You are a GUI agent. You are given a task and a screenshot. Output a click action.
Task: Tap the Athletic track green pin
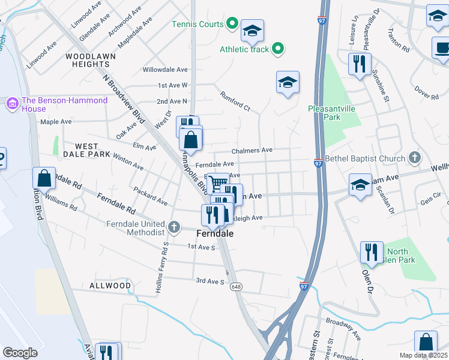(277, 49)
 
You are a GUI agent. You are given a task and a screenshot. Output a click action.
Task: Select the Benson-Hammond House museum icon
(12, 104)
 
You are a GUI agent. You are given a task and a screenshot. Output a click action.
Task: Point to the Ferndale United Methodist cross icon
(174, 227)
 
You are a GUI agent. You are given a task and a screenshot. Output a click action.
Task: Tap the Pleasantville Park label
(332, 113)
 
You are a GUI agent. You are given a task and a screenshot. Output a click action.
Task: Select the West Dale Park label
(92, 150)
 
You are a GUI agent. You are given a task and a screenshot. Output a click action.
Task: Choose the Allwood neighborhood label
(110, 286)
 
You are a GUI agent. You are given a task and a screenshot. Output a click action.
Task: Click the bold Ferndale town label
(215, 233)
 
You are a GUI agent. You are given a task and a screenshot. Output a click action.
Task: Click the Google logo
(20, 352)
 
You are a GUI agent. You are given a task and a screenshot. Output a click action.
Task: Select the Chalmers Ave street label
(252, 150)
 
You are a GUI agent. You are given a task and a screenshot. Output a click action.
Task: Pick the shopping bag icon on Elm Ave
(190, 140)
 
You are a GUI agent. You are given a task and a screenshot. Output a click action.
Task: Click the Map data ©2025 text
(423, 355)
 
